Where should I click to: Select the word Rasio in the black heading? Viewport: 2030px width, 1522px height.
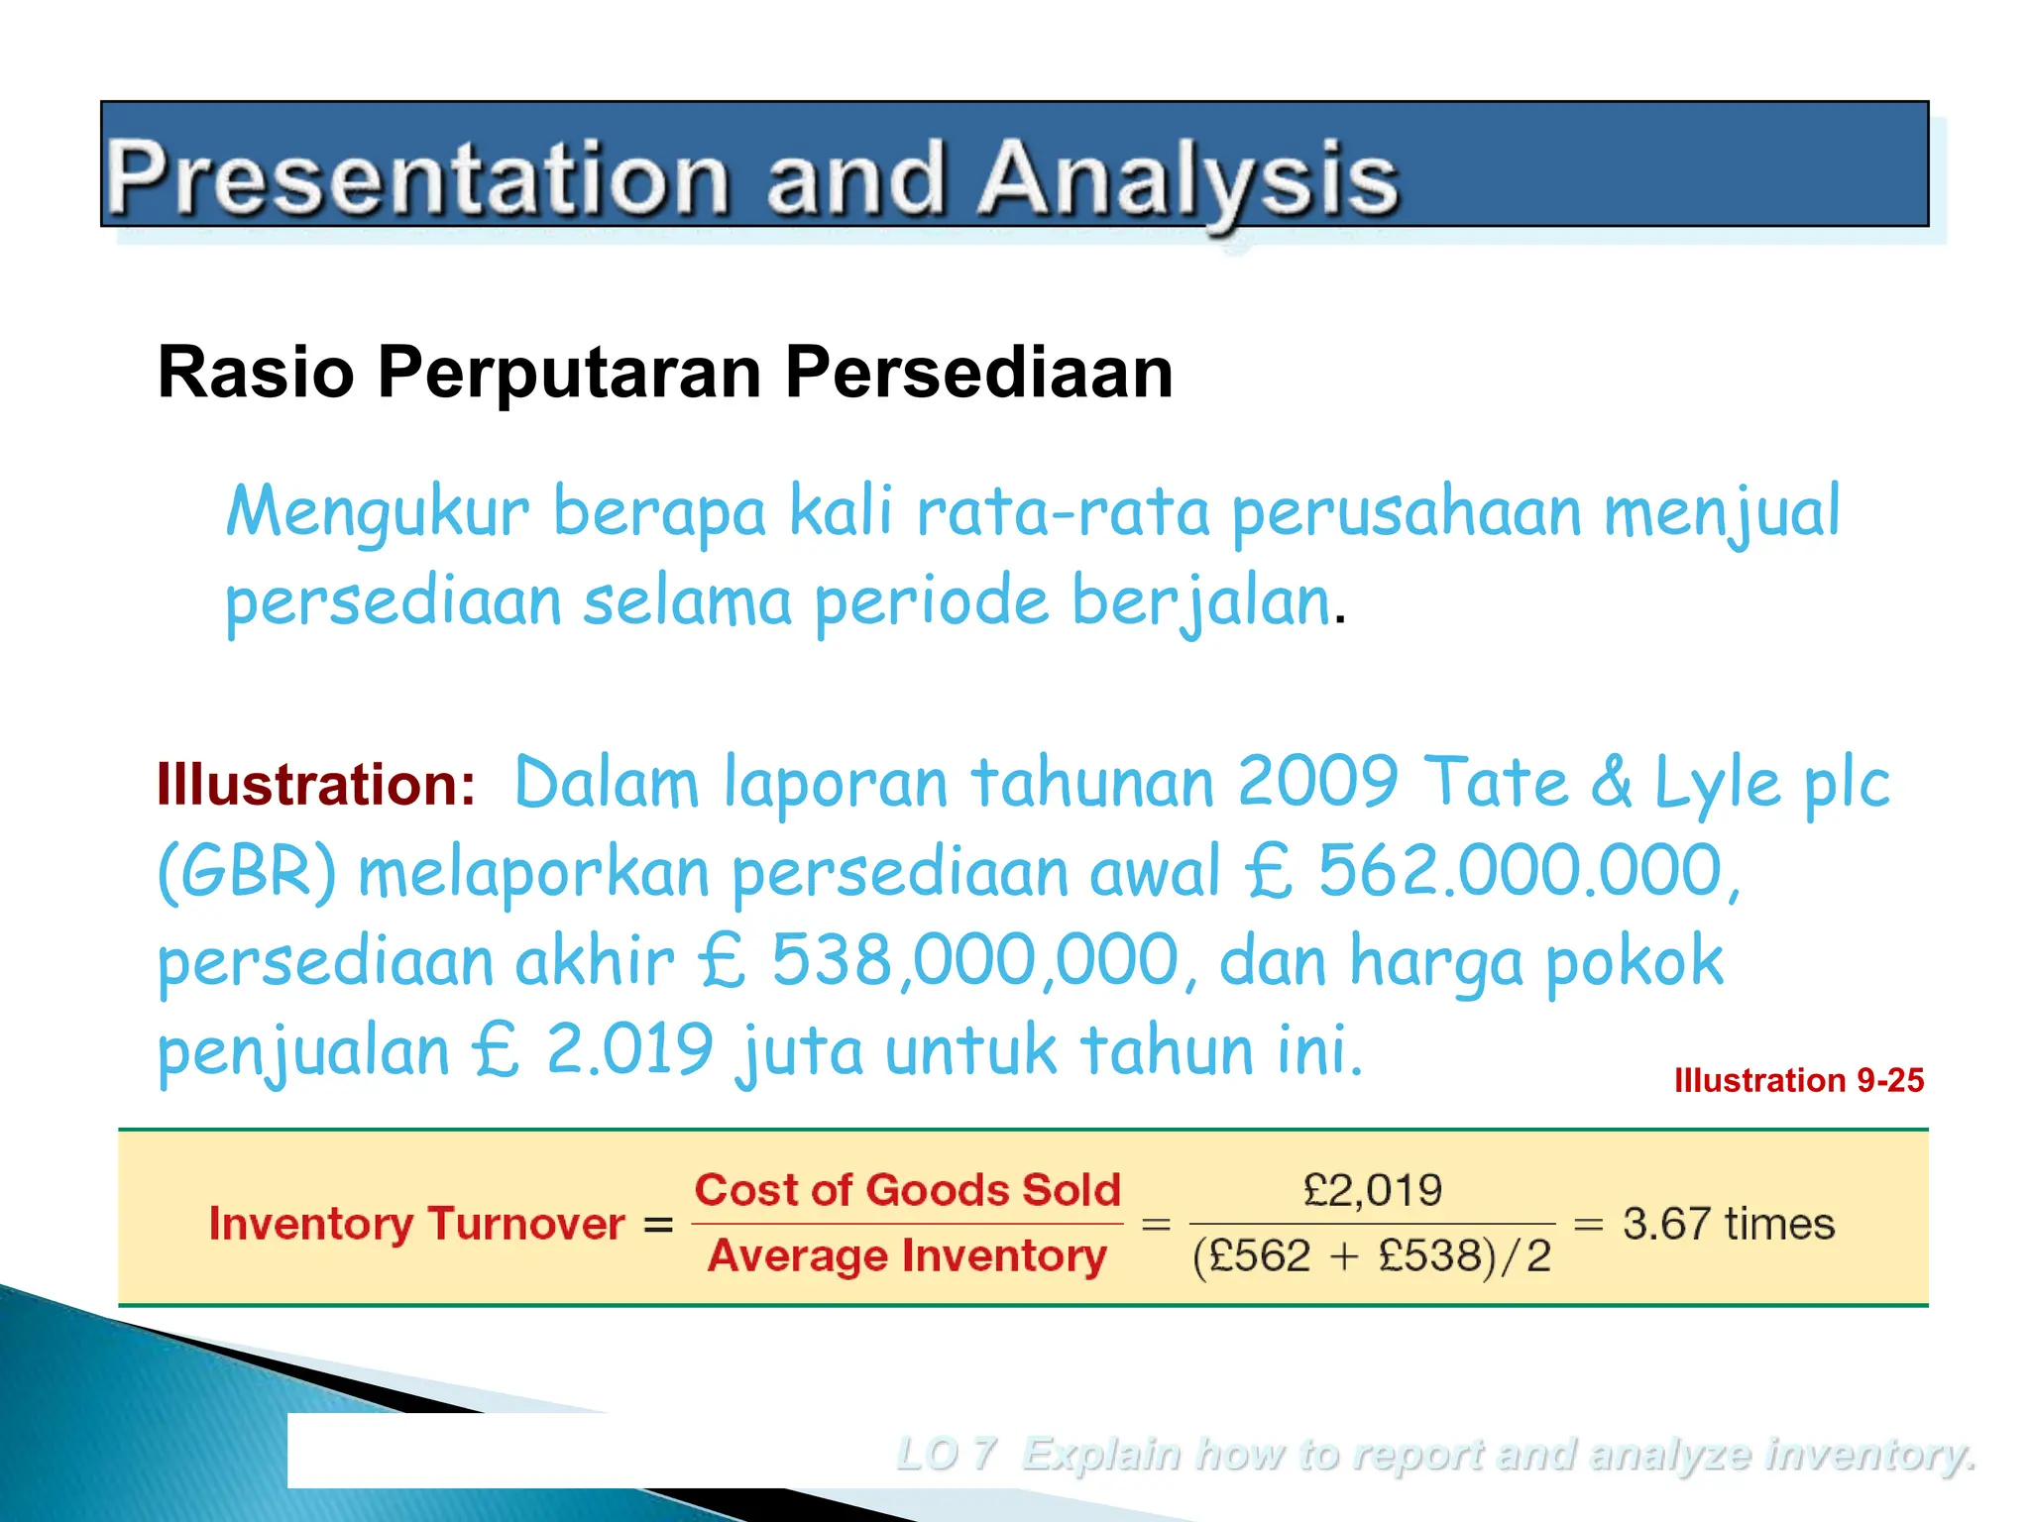256,373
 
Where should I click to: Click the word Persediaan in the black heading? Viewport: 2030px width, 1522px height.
978,373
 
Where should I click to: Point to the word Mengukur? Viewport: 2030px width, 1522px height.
378,513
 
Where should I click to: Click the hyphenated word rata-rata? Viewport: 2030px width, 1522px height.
1063,513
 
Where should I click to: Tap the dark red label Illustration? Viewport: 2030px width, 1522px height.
316,785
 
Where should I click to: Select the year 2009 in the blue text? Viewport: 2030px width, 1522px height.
1318,783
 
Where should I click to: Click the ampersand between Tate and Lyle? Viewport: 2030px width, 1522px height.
1613,783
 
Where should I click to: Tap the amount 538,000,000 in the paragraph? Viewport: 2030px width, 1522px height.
974,961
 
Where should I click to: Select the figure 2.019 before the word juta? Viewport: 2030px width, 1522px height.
629,1050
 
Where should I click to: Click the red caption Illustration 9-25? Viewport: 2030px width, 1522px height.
1798,1080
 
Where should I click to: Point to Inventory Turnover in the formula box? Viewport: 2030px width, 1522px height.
416,1224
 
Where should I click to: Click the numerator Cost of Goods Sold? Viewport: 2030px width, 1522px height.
907,1190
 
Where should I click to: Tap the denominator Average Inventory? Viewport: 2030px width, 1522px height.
907,1256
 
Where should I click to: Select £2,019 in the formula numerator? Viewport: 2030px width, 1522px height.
1372,1190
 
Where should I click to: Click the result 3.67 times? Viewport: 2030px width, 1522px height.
1728,1224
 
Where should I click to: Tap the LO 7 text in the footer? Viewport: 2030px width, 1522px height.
946,1455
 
